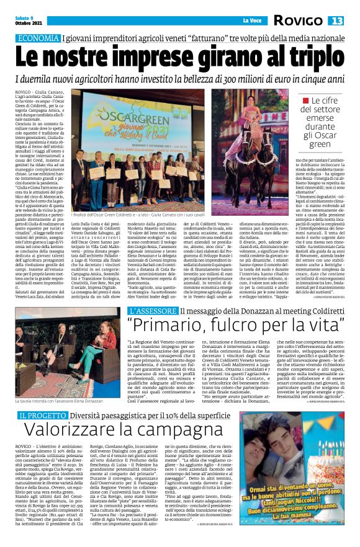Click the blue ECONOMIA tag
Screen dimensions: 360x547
click(39, 38)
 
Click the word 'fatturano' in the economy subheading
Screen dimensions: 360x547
click(214, 38)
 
